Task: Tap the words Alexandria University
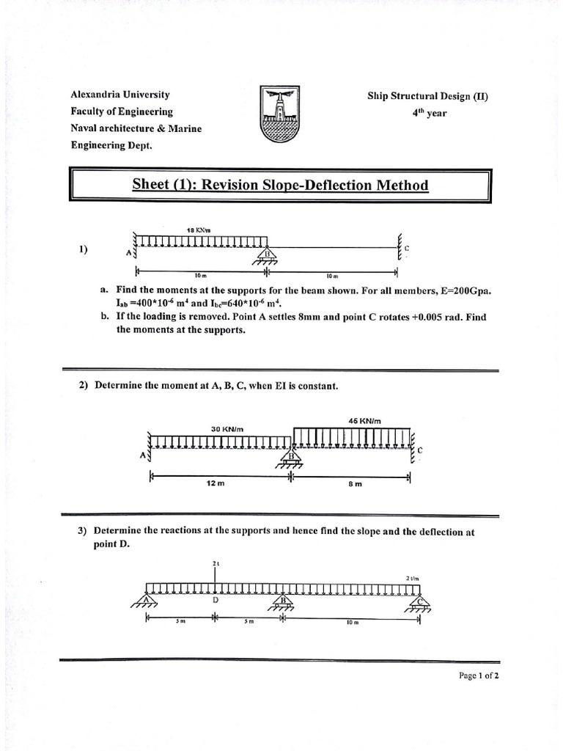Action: pyautogui.click(x=120, y=95)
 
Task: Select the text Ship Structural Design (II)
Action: pyautogui.click(x=427, y=96)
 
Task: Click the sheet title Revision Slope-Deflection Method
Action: pyautogui.click(x=280, y=185)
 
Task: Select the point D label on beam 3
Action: pyautogui.click(x=216, y=600)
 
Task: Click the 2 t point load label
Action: pyautogui.click(x=216, y=563)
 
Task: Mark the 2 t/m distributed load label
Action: pyautogui.click(x=412, y=578)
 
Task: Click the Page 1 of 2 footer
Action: pyautogui.click(x=478, y=676)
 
